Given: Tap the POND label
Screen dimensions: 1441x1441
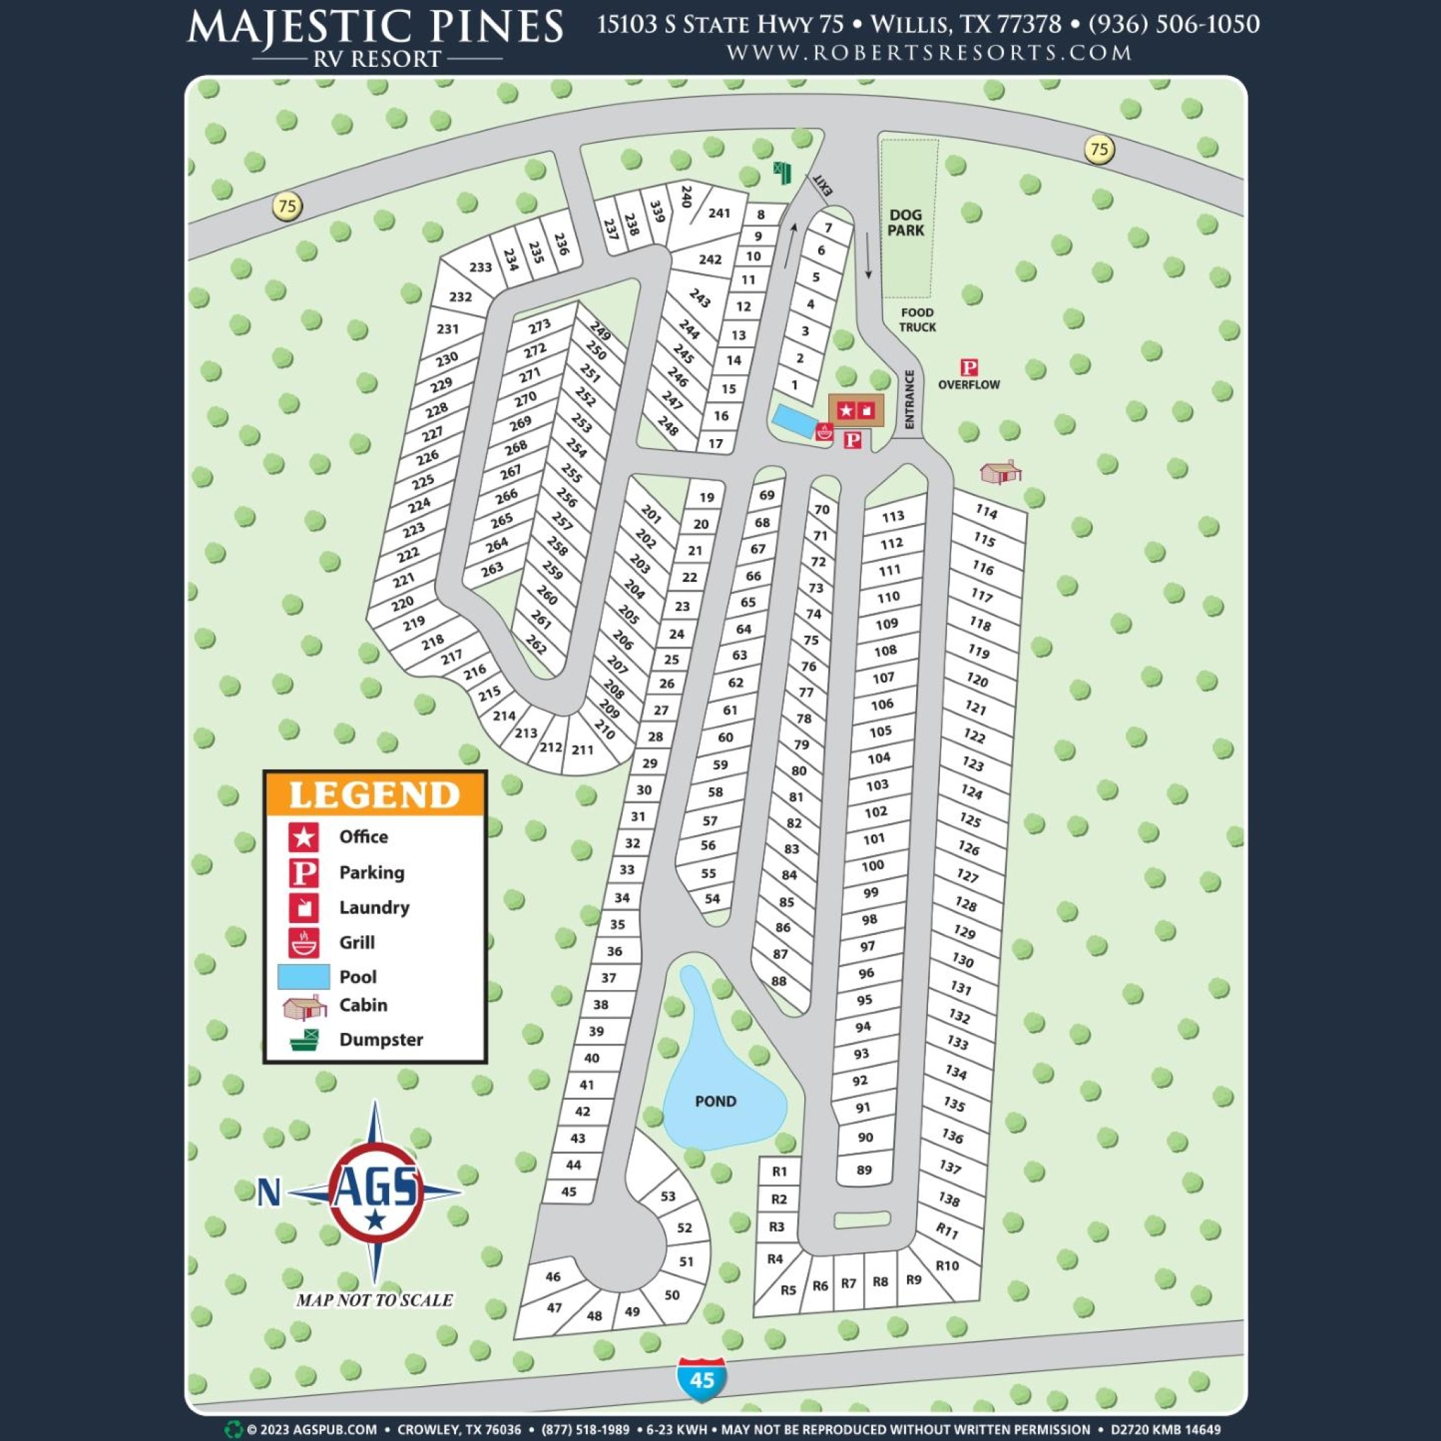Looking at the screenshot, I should click(716, 1101).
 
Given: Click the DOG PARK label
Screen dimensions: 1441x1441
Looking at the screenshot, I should click(906, 222).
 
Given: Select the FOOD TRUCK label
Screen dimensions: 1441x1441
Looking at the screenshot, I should click(917, 319).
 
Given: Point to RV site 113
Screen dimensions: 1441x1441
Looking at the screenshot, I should click(893, 516).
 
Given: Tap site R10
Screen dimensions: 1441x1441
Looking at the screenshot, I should click(947, 1265).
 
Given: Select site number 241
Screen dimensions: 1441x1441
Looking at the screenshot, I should click(719, 213).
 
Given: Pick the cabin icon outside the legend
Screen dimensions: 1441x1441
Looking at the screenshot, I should click(1001, 471).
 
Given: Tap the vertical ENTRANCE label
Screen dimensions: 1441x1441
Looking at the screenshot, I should click(909, 399).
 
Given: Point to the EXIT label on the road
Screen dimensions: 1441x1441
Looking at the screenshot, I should click(822, 184).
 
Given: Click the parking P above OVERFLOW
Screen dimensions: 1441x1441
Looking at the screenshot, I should click(969, 367).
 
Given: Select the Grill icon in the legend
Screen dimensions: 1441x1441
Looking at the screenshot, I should click(303, 942).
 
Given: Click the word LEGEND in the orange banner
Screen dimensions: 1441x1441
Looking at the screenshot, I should click(374, 794).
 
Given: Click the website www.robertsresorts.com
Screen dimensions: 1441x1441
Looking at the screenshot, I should click(929, 53).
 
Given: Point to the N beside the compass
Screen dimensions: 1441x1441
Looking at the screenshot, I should click(269, 1192).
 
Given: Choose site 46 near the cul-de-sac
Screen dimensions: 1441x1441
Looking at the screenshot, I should click(552, 1276).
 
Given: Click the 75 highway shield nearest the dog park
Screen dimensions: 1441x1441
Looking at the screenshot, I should click(1098, 148).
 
